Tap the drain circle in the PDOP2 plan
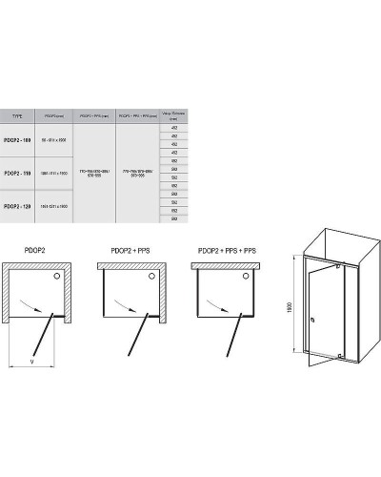(60, 276)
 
